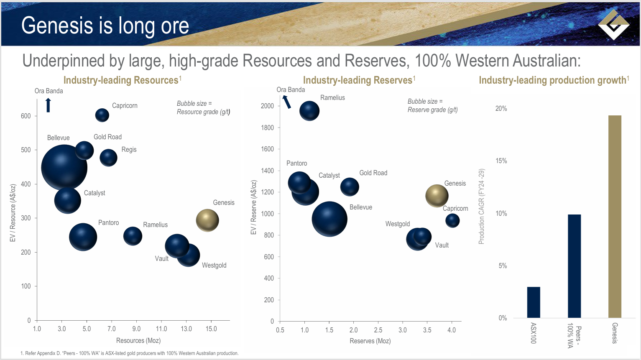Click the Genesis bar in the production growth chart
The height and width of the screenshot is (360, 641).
[x=615, y=216]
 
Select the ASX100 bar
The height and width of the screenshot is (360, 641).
[x=534, y=302]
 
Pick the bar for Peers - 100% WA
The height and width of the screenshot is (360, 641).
[x=574, y=266]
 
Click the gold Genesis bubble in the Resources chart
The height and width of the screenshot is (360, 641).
[x=207, y=220]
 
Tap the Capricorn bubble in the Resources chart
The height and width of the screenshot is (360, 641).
[x=102, y=115]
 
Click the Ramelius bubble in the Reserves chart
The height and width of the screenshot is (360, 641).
[x=309, y=111]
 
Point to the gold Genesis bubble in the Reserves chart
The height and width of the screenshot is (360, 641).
[x=437, y=196]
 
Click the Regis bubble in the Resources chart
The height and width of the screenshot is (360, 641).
[x=109, y=158]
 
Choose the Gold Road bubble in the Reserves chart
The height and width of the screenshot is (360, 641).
[x=350, y=186]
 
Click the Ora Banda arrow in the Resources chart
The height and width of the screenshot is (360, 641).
[x=48, y=105]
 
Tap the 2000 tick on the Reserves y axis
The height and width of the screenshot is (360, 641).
[x=267, y=106]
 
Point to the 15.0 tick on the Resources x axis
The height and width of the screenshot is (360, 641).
[x=211, y=329]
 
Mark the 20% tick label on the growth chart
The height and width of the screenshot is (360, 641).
[x=501, y=109]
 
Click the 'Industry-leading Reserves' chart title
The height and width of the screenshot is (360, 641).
[x=358, y=80]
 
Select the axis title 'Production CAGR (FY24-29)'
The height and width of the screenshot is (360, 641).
[x=481, y=207]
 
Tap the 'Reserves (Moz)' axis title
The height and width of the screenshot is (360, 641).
[x=370, y=341]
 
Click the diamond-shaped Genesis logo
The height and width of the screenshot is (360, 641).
[x=613, y=24]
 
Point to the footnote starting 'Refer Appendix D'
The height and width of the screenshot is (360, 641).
[x=130, y=353]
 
